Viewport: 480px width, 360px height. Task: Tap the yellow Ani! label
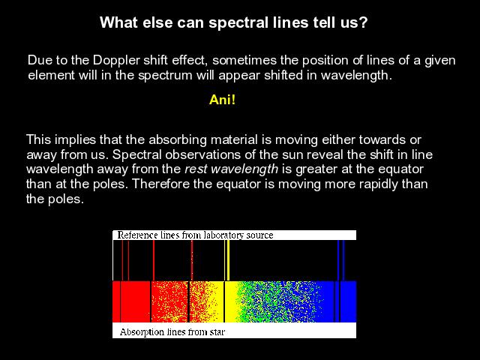click(222, 100)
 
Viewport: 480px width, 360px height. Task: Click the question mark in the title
click(363, 22)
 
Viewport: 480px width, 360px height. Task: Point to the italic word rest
click(196, 169)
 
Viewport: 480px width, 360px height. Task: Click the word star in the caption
click(217, 332)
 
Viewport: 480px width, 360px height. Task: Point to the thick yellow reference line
click(228, 260)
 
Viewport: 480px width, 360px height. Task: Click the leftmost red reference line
click(122, 260)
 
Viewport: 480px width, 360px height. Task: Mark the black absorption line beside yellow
click(224, 301)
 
